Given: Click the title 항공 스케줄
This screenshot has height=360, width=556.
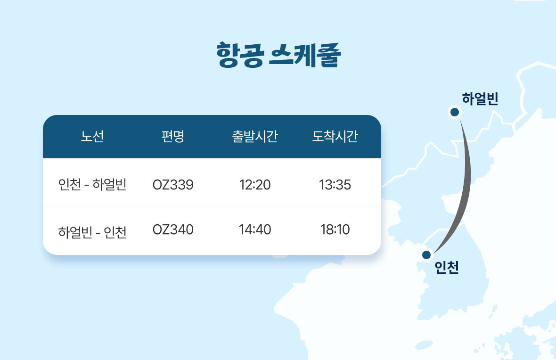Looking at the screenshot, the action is [279, 55].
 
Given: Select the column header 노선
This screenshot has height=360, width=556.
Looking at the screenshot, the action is [92, 136].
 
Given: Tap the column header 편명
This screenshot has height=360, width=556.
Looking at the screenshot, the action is [172, 136].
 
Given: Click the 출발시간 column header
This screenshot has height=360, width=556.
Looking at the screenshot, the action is [254, 136].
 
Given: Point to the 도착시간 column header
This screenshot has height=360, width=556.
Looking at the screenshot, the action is [335, 136].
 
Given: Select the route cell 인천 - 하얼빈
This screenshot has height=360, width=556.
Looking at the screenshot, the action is [92, 184].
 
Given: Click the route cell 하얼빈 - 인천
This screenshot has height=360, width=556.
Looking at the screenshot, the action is [92, 232].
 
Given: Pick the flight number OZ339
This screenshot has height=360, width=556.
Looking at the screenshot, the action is [173, 185].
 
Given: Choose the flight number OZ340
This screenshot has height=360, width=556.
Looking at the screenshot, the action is [173, 229].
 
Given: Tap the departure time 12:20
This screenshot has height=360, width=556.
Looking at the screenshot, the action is [254, 185].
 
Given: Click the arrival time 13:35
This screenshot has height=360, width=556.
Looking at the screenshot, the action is [335, 185].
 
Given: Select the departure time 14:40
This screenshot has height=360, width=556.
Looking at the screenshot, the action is [254, 229].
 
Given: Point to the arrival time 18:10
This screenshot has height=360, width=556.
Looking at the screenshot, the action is [335, 229].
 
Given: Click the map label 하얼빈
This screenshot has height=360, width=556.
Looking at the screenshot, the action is [480, 98].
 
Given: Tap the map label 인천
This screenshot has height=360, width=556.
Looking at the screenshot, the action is [447, 267].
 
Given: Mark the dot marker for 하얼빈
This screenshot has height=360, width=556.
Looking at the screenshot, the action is [455, 113].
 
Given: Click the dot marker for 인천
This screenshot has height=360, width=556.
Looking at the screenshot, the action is [426, 254].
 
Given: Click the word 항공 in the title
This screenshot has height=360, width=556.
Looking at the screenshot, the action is [240, 55].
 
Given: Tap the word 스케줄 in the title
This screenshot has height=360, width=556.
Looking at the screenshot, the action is [305, 55].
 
